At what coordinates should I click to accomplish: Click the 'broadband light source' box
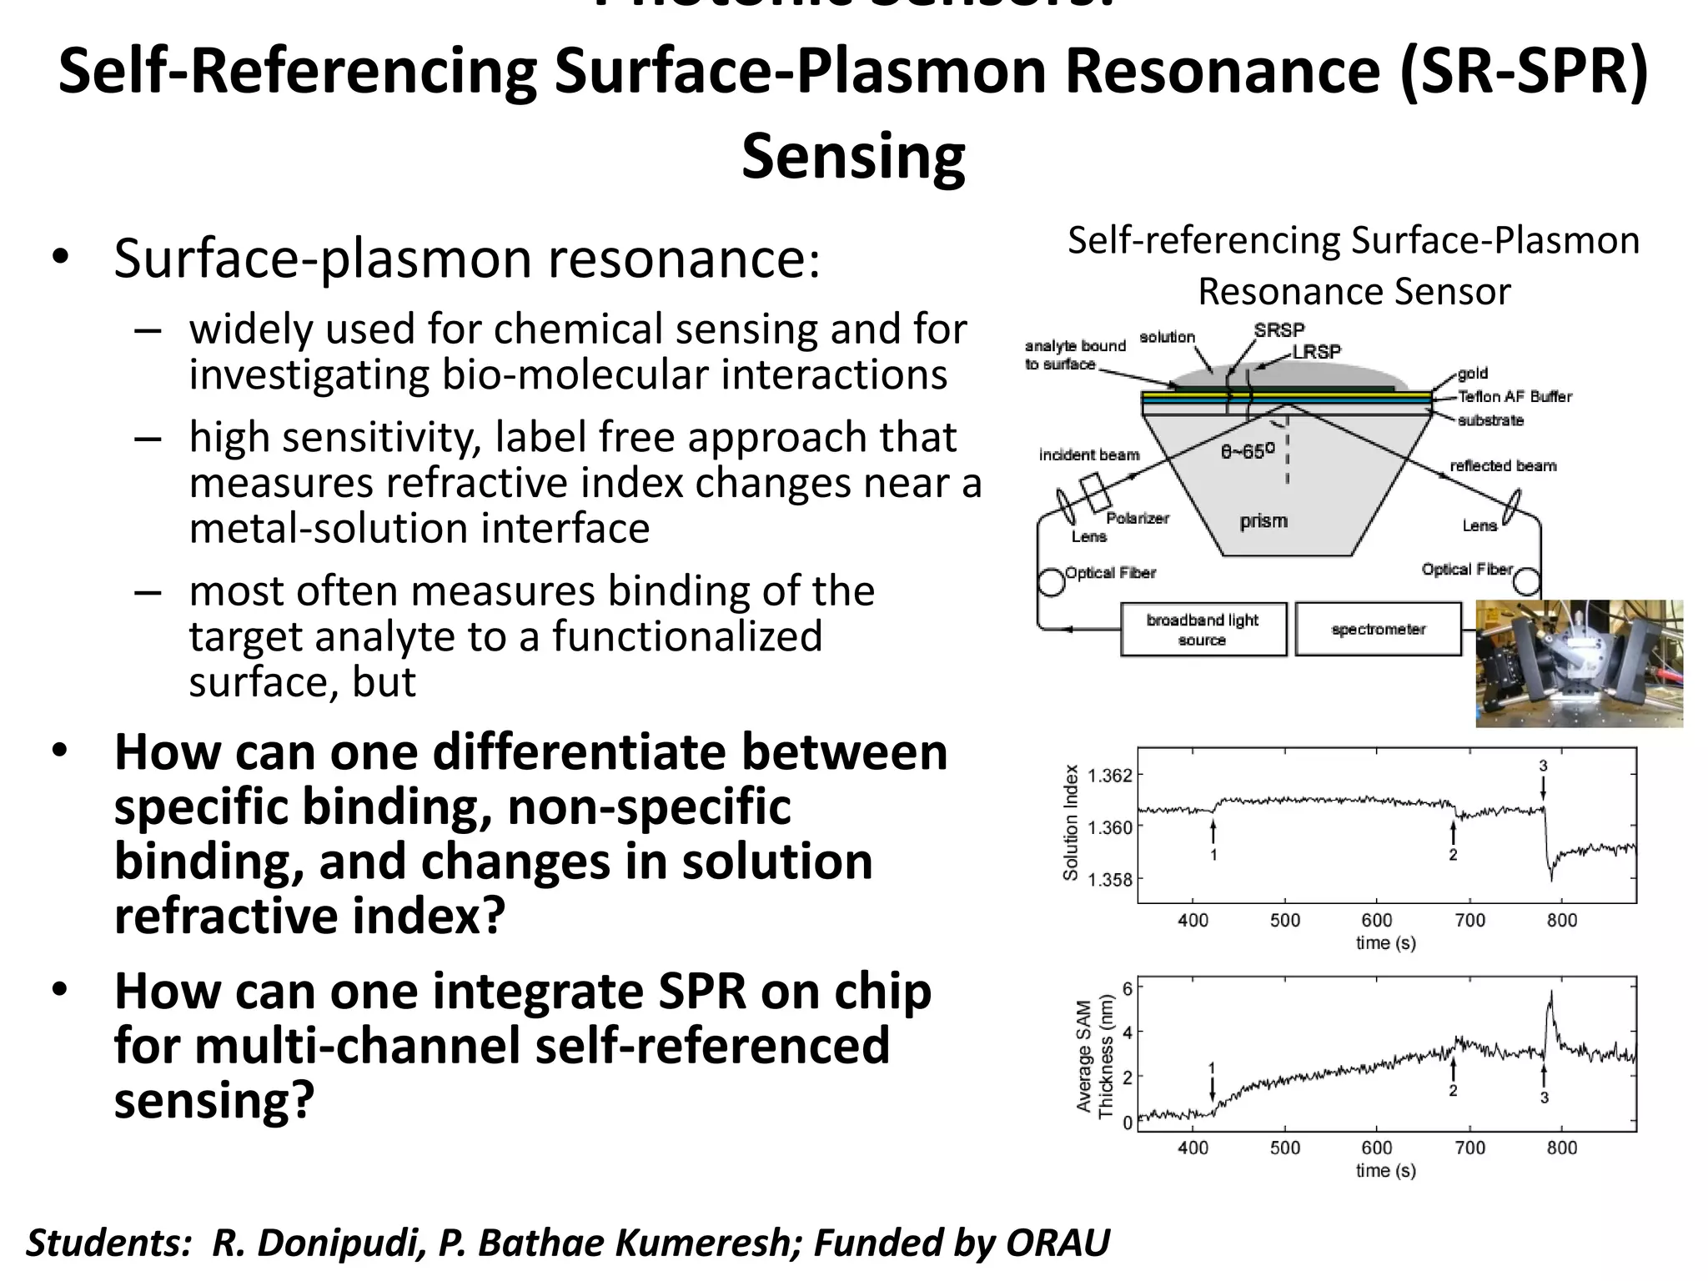(x=1203, y=630)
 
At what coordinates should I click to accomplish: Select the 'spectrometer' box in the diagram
(x=1378, y=629)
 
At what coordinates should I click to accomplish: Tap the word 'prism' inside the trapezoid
(x=1263, y=521)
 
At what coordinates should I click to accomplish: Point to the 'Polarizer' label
(x=1138, y=518)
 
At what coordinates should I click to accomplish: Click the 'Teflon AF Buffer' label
(x=1514, y=397)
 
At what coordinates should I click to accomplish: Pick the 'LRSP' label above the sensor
(x=1317, y=352)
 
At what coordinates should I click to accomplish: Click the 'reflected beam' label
(x=1503, y=465)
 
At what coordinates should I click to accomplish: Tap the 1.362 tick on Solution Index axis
(x=1110, y=776)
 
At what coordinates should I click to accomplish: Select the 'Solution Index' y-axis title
(x=1071, y=822)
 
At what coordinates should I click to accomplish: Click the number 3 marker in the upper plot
(x=1543, y=766)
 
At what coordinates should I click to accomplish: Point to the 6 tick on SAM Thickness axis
(x=1128, y=988)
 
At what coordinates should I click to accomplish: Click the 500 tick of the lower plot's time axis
(x=1284, y=1148)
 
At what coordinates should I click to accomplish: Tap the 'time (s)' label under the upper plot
(x=1385, y=942)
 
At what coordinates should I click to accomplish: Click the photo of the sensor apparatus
(x=1578, y=663)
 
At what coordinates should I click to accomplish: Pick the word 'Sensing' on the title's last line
(x=853, y=156)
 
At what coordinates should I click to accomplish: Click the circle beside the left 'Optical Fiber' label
(x=1052, y=582)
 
